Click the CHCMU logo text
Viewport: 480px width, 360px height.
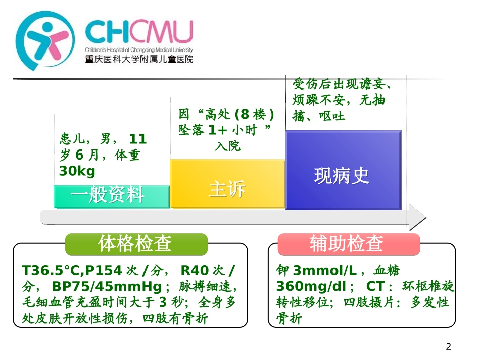pos(138,32)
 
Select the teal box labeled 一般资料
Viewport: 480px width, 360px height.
pos(112,196)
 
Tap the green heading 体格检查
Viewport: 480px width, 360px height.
pos(136,244)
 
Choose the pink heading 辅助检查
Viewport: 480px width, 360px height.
pos(348,244)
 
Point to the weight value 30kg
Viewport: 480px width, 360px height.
pos(77,171)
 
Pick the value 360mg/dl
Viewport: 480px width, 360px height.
pos(312,286)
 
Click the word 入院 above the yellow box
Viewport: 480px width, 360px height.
pos(227,146)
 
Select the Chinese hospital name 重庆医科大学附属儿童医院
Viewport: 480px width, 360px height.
pos(138,59)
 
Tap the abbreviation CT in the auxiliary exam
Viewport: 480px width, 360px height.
pos(375,286)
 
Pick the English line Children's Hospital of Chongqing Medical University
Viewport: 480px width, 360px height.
pos(138,50)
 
